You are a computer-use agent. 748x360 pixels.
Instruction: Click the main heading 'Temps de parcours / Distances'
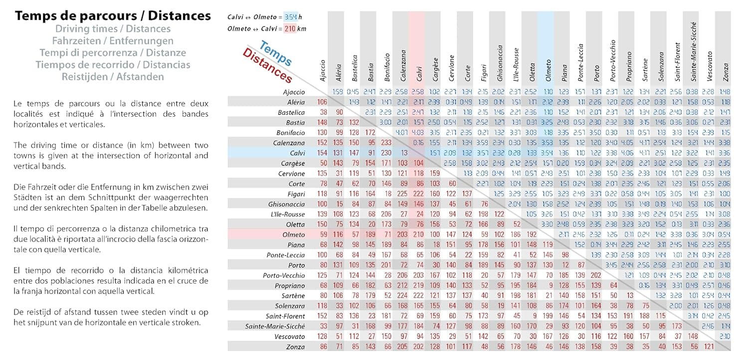pos(113,15)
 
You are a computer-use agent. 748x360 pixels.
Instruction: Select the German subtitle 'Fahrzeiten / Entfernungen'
pos(113,41)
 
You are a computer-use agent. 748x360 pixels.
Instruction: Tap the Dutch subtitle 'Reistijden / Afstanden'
pos(113,77)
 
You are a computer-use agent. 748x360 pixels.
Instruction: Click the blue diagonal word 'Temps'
pos(276,54)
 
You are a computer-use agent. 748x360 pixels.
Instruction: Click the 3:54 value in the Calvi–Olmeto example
pos(290,17)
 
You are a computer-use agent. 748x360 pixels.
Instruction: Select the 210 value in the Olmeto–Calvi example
pos(290,29)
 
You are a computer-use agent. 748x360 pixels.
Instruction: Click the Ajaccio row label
pos(294,92)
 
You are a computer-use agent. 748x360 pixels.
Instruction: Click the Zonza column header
pos(725,73)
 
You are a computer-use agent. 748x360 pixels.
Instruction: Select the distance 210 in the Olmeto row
pos(419,235)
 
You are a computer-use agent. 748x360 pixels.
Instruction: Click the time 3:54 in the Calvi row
pos(548,153)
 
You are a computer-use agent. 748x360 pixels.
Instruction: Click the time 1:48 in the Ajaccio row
pos(725,92)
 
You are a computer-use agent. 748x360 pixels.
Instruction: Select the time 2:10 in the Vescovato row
pos(725,337)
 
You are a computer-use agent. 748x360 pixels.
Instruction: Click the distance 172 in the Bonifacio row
pos(371,133)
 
